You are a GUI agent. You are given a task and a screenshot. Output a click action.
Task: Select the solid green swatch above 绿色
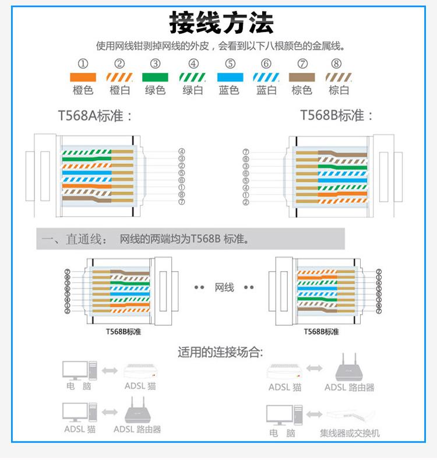pyautogui.click(x=155, y=77)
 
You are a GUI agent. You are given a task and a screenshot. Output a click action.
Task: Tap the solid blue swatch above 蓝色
pyautogui.click(x=230, y=77)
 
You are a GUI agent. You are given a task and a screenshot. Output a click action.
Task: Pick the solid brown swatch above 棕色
pyautogui.click(x=302, y=77)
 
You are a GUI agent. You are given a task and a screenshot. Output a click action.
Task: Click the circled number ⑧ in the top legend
pyautogui.click(x=336, y=64)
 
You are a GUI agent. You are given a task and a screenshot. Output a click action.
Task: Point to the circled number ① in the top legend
pyautogui.click(x=83, y=64)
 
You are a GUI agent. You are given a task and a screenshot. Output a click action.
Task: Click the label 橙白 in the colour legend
pyautogui.click(x=119, y=90)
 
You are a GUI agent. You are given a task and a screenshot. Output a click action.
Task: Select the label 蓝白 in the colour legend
pyautogui.click(x=266, y=90)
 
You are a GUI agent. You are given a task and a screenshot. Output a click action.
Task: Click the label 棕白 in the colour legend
pyautogui.click(x=339, y=90)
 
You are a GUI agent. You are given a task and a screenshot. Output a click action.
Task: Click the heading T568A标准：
pyautogui.click(x=96, y=115)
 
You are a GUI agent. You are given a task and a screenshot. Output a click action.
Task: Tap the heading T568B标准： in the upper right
pyautogui.click(x=337, y=115)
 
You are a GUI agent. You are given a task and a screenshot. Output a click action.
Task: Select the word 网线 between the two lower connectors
pyautogui.click(x=224, y=287)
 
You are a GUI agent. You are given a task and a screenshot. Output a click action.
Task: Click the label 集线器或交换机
pyautogui.click(x=350, y=433)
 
